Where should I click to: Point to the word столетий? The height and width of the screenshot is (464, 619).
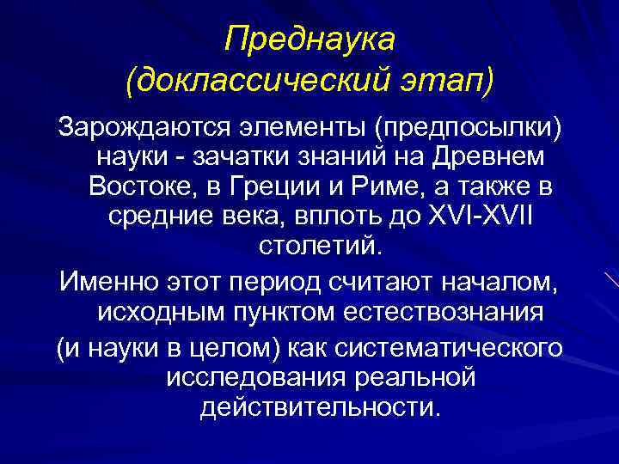pos(316,246)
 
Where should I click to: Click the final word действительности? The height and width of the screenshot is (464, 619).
pos(320,406)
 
